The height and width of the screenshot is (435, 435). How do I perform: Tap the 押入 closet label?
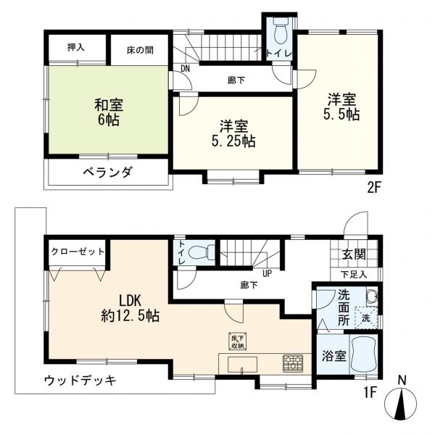(x=76, y=47)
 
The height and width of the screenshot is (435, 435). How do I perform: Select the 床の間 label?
(x=141, y=50)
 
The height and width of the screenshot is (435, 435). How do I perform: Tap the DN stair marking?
(x=185, y=69)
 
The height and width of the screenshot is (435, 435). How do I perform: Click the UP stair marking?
(x=267, y=273)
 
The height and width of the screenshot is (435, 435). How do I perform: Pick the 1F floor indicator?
(x=370, y=393)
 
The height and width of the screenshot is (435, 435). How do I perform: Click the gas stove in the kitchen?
(x=293, y=362)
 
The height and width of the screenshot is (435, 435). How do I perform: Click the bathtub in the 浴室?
(x=363, y=355)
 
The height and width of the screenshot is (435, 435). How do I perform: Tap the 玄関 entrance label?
(x=353, y=254)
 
